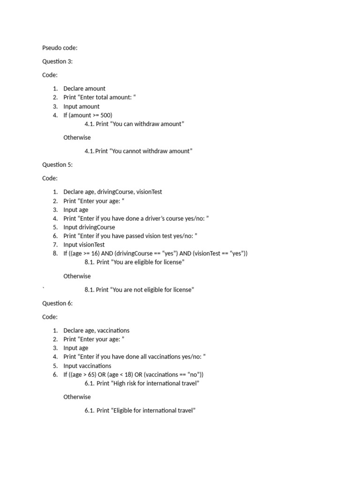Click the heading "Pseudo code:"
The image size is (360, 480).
tap(60, 48)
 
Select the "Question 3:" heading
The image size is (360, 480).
tap(57, 61)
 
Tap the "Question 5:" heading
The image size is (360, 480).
tap(57, 165)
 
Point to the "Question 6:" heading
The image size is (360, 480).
tap(57, 303)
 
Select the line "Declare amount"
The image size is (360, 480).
tap(84, 89)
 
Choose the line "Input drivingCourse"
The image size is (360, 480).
tap(89, 227)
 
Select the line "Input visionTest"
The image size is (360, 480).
tap(84, 245)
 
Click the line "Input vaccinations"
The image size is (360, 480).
tap(87, 366)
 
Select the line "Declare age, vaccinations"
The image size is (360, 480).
tap(96, 330)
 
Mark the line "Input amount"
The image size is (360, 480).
tap(81, 106)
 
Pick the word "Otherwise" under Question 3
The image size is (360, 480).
tap(77, 138)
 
